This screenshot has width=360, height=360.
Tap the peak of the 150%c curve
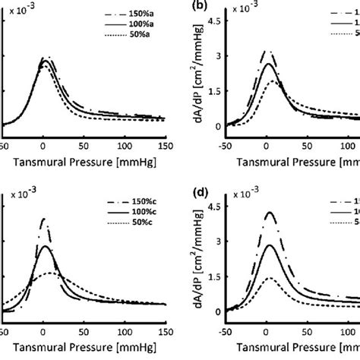pos(43,219)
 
